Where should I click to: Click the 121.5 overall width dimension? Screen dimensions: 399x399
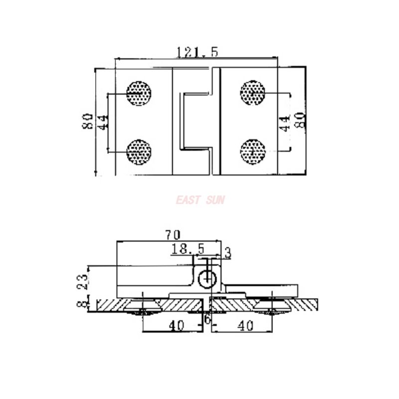pos(197,51)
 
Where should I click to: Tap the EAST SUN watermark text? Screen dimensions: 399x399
pos(200,200)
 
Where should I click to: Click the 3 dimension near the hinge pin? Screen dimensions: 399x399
pos(227,253)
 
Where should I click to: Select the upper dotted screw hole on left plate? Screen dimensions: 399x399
pos(139,93)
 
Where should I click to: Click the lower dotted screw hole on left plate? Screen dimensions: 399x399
pos(139,152)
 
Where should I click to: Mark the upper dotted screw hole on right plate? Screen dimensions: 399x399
pos(253,92)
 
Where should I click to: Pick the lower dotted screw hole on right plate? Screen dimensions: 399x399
pos(253,151)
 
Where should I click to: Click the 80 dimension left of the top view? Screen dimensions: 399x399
pos(88,121)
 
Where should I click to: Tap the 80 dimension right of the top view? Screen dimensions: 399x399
pos(299,120)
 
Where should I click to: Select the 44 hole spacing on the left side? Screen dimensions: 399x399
pos(102,122)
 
